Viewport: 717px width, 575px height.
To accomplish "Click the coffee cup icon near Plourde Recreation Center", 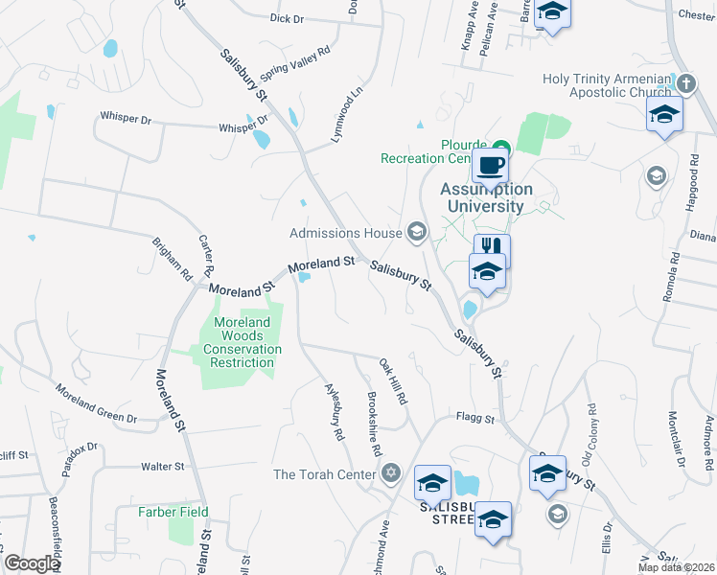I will tap(490, 165).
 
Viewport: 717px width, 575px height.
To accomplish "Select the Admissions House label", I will tap(346, 233).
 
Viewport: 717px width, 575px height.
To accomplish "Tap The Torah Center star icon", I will tap(389, 473).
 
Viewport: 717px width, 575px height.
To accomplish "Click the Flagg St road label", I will tap(474, 419).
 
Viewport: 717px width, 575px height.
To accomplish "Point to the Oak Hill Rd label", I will tap(394, 381).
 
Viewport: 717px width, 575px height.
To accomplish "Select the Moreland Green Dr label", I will tap(96, 403).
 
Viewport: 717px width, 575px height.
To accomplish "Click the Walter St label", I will tap(162, 467).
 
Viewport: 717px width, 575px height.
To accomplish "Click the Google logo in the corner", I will tap(32, 563).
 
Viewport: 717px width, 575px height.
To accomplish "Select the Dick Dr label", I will tap(286, 18).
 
